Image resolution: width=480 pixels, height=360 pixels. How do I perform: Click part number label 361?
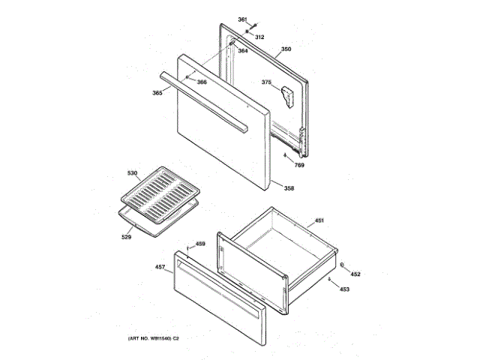click(242, 19)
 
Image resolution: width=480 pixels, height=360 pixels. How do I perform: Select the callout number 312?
click(260, 37)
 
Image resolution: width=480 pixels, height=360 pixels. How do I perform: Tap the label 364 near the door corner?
click(243, 51)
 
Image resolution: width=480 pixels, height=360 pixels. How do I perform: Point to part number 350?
click(286, 49)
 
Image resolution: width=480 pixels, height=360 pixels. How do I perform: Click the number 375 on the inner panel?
click(266, 82)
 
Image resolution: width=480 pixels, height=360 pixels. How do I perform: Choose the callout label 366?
click(202, 82)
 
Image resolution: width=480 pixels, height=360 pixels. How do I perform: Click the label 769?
click(298, 164)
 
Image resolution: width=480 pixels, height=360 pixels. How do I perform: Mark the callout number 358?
click(289, 187)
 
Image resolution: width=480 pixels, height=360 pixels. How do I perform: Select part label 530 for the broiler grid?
click(132, 173)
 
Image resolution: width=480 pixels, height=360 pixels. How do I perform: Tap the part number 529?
click(126, 238)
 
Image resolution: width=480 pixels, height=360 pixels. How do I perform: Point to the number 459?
click(200, 244)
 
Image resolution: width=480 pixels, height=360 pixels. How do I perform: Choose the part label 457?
click(160, 266)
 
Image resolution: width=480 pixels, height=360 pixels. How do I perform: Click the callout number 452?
click(355, 274)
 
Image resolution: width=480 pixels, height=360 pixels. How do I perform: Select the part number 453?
click(344, 289)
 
